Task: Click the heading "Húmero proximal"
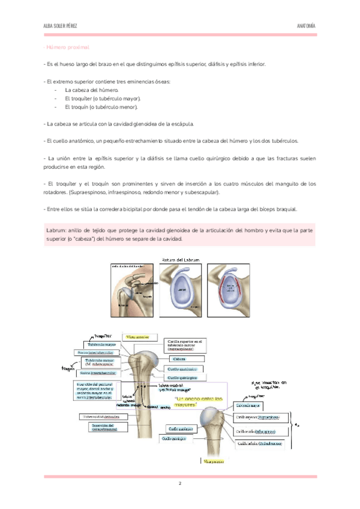point(68,47)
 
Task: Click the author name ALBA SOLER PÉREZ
point(60,26)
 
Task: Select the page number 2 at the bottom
point(179,483)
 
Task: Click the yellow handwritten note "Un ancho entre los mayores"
point(198,402)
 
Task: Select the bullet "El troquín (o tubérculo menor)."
point(101,107)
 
